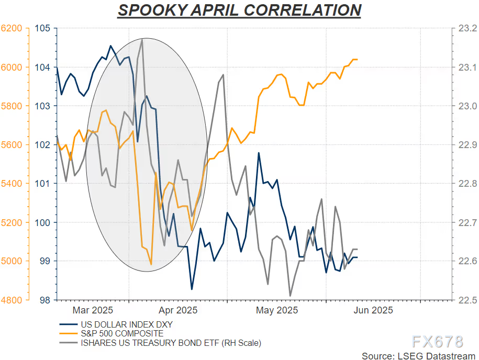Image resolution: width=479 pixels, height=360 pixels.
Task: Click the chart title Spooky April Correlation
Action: coord(239,10)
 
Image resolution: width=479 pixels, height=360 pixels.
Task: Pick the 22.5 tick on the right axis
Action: coord(467,300)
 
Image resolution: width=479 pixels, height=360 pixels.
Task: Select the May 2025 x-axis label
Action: coord(277,310)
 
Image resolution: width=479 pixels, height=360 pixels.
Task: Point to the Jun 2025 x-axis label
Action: coord(373,310)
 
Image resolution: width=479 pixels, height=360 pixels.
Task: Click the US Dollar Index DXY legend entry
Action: coord(126,324)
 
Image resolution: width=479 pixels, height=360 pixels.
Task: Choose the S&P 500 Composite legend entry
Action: coord(121,333)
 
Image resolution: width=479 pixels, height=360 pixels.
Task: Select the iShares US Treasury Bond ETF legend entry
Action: coord(170,343)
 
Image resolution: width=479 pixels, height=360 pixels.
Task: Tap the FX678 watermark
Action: coord(437,342)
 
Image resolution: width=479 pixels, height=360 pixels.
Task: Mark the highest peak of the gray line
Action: coord(142,39)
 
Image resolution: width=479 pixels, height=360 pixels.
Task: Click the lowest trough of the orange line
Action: coord(151,264)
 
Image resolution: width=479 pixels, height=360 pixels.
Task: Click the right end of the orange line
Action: coord(357,59)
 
